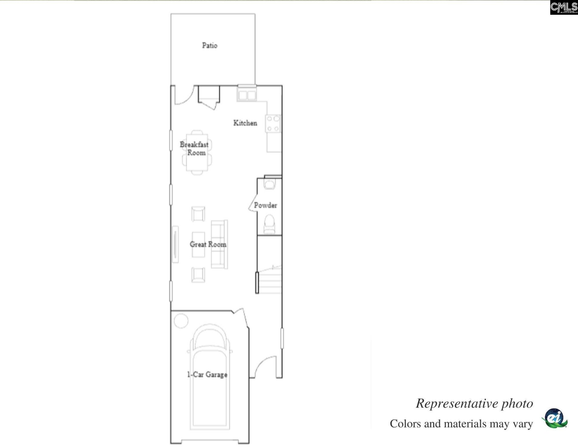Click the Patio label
pos(210,46)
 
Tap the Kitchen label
pos(245,123)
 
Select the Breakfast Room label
pos(194,149)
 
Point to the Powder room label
pos(265,205)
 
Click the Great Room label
pos(208,244)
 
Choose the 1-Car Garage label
pos(207,375)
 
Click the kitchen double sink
pos(247,95)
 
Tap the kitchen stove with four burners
pos(273,124)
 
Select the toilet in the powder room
pos(269,224)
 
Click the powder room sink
pos(269,184)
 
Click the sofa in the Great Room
pos(219,244)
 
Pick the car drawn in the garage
pos(210,377)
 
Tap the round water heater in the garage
pos(181,321)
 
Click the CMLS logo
pos(564,7)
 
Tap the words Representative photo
pos(474,404)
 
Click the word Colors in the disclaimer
pos(406,424)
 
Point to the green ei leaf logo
pos(555,418)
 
